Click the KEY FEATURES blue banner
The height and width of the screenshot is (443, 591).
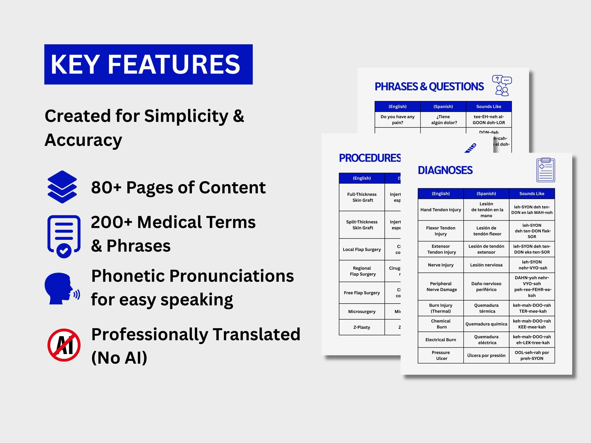148,64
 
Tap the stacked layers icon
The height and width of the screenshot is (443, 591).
62,187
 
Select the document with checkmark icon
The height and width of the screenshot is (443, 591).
64,236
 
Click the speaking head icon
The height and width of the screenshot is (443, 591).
62,288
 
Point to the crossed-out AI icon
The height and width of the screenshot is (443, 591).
64,345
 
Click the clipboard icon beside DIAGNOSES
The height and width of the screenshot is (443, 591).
545,170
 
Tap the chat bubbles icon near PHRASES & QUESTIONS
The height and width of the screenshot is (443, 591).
502,85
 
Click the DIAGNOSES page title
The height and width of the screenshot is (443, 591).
445,170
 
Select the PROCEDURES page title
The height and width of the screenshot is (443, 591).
370,158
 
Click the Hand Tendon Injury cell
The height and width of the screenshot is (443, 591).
440,210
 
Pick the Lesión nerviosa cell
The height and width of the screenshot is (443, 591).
486,265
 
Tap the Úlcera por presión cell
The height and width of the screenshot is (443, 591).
486,355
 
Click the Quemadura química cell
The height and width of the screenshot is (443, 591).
486,324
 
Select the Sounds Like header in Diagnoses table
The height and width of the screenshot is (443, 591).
532,194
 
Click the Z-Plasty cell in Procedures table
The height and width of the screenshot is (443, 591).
362,327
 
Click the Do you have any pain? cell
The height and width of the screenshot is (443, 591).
398,120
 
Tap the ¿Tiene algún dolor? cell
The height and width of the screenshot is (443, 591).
443,120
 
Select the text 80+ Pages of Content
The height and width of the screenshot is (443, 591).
178,187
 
